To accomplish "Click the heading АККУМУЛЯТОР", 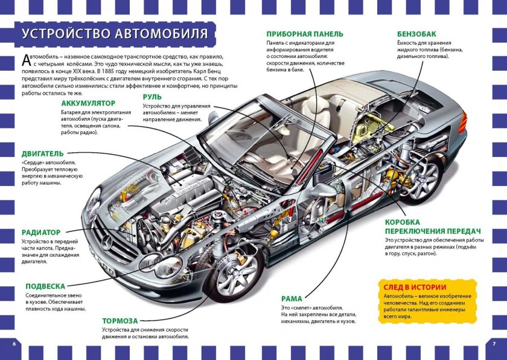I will [x=88, y=103].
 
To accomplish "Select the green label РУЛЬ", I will [x=151, y=96].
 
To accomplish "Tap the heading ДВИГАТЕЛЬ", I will [x=42, y=153].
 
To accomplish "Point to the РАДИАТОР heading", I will [x=41, y=232].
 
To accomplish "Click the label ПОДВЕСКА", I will [x=45, y=286].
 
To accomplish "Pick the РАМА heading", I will [x=292, y=298].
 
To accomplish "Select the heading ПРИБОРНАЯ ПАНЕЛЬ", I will [x=305, y=34].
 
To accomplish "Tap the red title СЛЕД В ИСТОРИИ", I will [x=415, y=287].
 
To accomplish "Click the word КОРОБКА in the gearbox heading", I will [x=404, y=222].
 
